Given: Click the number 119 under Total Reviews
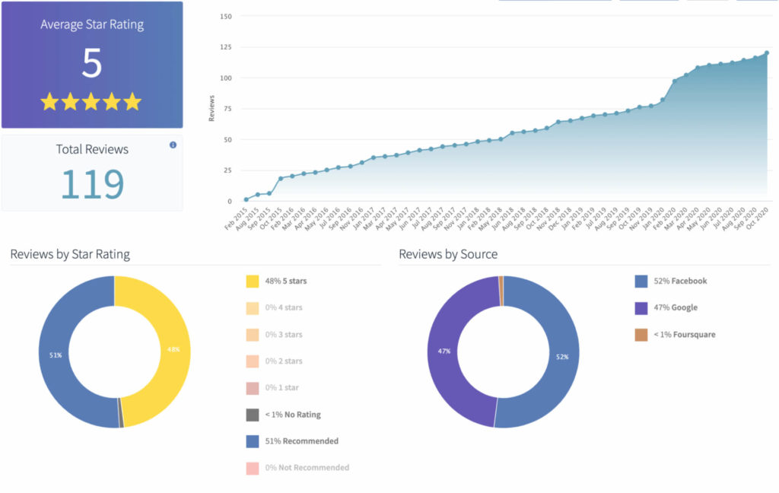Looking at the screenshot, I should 92,183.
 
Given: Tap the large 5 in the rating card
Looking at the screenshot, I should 91,63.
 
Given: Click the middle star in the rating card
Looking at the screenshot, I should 91,101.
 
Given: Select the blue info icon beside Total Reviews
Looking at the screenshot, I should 173,145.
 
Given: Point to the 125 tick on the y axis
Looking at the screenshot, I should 227,46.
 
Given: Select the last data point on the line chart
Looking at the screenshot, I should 766,53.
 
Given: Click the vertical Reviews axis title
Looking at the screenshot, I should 211,108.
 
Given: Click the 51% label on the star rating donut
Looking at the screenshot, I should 55,355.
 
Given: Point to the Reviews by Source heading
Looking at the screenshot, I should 448,254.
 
